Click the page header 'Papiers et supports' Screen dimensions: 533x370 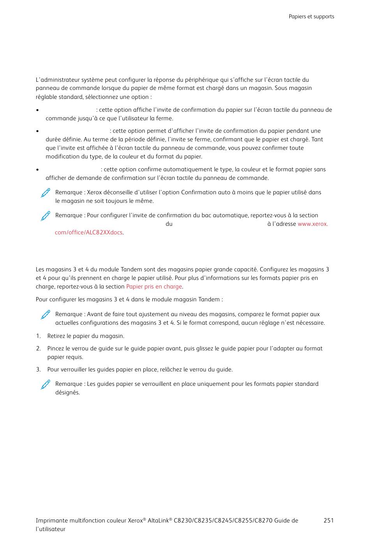click(311, 17)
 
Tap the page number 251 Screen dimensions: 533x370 click(328, 521)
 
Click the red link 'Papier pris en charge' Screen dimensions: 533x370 click(154, 287)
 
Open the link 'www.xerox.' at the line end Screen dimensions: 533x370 click(313, 224)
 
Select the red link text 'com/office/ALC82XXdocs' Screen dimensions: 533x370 click(88, 232)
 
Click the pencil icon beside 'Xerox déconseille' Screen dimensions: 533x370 click(46, 193)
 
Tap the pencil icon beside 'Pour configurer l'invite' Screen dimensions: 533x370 click(46, 216)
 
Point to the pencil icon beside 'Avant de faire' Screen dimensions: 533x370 click(46, 315)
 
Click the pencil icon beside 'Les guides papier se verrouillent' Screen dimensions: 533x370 click(46, 384)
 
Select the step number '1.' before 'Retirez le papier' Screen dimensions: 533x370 click(38, 336)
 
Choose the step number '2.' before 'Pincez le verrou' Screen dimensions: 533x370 click(38, 348)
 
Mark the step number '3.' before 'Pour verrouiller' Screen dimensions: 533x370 click(38, 369)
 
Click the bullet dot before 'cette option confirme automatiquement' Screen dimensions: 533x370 click(37, 170)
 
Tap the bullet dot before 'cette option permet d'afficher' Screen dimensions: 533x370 click(37, 131)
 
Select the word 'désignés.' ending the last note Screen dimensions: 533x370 click(67, 392)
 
